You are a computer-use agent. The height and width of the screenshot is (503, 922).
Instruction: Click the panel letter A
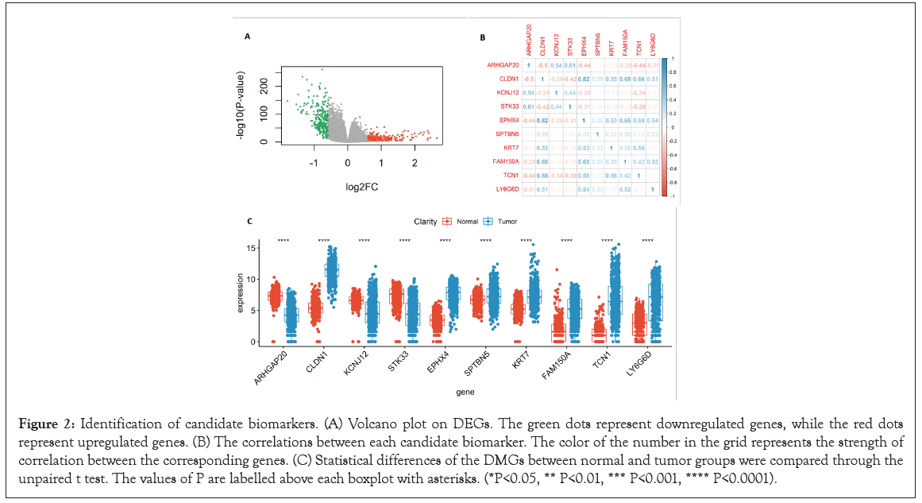[x=247, y=37]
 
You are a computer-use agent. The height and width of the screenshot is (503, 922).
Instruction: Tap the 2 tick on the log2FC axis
[x=414, y=162]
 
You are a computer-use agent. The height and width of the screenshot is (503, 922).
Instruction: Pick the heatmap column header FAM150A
[x=625, y=40]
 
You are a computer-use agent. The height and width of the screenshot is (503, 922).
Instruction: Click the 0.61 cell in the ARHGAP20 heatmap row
[x=570, y=64]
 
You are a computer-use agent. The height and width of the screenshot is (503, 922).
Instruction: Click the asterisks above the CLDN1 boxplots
[x=323, y=240]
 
